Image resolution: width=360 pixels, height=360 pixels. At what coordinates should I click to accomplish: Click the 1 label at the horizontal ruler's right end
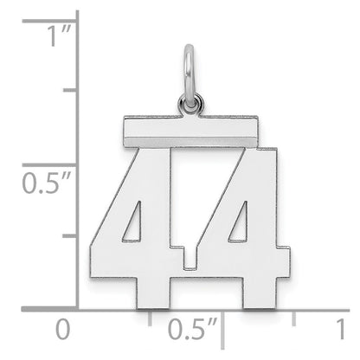(x=340, y=330)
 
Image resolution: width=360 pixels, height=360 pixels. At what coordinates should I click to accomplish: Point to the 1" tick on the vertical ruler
(x=75, y=16)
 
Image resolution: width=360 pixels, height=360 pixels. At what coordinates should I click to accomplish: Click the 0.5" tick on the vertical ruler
(x=75, y=164)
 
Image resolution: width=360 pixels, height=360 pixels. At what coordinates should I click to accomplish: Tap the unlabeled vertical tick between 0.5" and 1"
(x=75, y=90)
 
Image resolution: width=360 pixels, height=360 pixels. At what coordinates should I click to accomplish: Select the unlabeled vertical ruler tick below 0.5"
(x=75, y=235)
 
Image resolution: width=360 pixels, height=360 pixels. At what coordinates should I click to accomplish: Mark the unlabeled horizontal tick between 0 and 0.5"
(x=149, y=312)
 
